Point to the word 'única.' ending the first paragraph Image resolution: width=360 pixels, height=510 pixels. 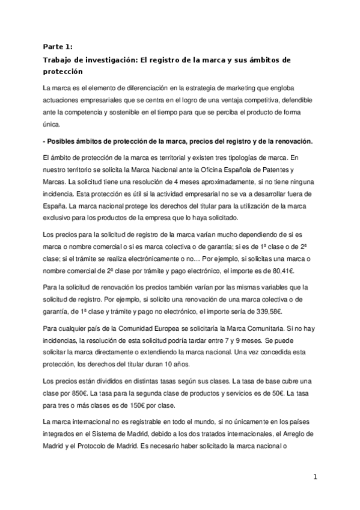pos(53,125)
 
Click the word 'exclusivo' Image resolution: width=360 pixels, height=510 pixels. pos(59,217)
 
